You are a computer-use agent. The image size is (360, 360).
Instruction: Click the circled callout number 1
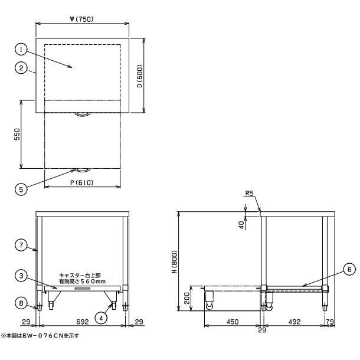(x=21, y=50)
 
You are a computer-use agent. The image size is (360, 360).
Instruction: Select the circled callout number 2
(x=21, y=68)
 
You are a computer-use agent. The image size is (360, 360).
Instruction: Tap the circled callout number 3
(x=21, y=276)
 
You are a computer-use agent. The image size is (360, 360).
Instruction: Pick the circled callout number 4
(x=101, y=318)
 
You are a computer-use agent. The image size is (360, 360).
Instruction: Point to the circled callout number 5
(x=21, y=189)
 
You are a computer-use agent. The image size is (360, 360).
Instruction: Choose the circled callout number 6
(x=349, y=269)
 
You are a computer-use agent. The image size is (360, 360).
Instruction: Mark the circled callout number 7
(x=21, y=245)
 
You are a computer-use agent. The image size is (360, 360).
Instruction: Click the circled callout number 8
(x=21, y=303)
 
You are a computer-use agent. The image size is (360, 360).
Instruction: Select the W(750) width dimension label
(x=82, y=19)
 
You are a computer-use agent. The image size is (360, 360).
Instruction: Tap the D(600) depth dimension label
(x=140, y=76)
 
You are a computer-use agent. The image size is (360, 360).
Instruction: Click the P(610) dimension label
(x=82, y=182)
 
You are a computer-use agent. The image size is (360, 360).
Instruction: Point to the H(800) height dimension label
(x=175, y=261)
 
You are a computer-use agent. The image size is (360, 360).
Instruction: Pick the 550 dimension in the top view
(x=17, y=135)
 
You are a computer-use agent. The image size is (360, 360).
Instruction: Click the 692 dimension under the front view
(x=83, y=322)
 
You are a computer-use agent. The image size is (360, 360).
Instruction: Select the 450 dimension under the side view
(x=233, y=322)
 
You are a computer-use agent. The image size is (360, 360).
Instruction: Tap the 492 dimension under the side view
(x=294, y=322)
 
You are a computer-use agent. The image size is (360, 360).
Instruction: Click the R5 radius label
(x=249, y=193)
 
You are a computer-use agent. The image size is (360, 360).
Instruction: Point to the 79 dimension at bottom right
(x=330, y=322)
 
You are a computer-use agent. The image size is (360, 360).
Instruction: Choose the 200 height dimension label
(x=187, y=298)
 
